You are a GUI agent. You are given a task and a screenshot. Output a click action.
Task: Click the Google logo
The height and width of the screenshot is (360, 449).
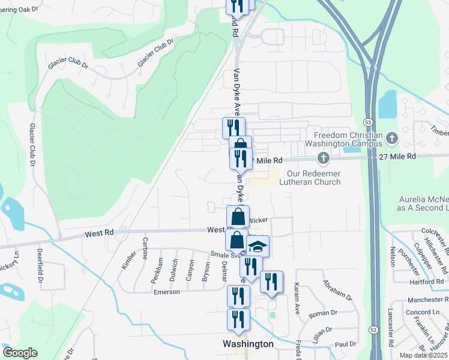click(x=20, y=353)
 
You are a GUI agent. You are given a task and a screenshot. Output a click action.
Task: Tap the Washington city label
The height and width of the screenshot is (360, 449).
click(x=248, y=344)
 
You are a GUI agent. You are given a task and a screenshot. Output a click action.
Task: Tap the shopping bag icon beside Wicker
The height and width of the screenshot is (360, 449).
click(x=238, y=217)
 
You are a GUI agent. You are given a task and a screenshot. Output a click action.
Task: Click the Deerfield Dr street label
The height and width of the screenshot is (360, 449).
click(x=41, y=264)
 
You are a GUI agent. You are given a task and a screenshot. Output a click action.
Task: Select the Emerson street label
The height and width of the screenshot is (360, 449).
click(x=166, y=292)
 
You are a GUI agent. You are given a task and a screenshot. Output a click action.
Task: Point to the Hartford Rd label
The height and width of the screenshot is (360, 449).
click(x=428, y=281)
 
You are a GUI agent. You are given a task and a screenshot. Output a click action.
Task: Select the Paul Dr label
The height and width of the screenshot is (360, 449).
click(x=345, y=344)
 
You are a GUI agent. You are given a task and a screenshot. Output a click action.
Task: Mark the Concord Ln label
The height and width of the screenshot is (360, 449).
click(x=422, y=312)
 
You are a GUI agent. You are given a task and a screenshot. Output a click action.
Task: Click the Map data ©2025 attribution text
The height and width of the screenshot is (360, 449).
click(x=423, y=355)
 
